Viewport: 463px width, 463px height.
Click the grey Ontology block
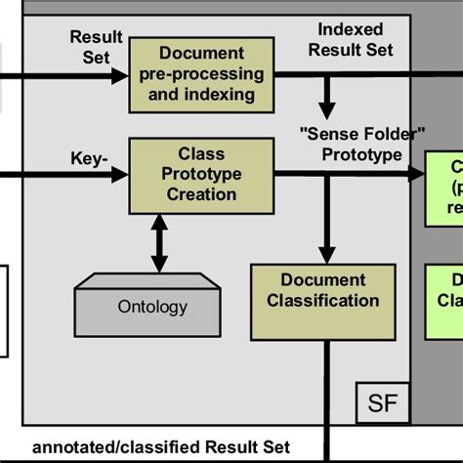click(x=152, y=305)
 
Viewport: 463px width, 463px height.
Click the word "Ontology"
click(x=152, y=307)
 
